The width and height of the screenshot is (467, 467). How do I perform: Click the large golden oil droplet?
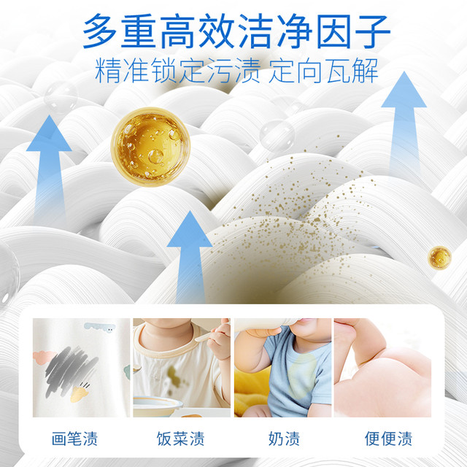150,147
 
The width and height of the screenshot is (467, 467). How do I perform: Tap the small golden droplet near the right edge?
439,258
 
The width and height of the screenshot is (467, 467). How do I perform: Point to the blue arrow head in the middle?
190,228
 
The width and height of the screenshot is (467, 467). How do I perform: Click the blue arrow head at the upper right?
404,89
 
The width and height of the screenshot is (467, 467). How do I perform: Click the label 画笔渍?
74,439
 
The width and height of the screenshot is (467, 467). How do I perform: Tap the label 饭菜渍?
181,439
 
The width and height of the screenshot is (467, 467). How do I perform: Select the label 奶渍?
284,439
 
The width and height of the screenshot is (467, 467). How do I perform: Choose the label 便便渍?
389,439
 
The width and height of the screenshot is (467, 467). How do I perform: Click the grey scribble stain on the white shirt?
71,368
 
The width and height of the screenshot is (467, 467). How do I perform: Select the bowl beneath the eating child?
158,406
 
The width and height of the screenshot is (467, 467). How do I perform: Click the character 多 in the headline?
100,31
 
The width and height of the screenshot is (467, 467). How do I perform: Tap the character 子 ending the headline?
373,31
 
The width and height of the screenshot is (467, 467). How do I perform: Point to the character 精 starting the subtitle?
107,72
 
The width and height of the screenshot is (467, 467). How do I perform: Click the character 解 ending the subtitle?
365,72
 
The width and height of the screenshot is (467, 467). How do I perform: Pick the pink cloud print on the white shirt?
44,357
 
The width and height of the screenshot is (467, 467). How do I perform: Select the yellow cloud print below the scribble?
80,393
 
